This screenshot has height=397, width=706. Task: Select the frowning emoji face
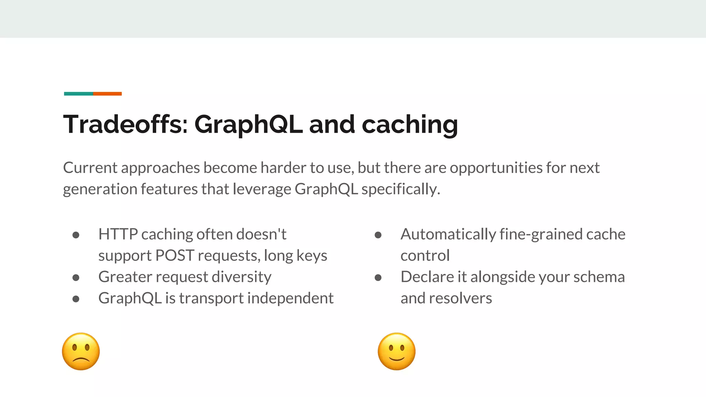pos(81,351)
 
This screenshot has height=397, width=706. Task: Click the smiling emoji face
pos(396,351)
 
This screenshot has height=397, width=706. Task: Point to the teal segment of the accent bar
pos(79,94)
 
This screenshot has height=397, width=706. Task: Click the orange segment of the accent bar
pos(107,94)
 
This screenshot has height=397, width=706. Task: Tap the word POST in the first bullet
pos(175,255)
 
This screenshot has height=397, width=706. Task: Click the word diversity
pos(241,277)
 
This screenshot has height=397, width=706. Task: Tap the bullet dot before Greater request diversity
pos(76,277)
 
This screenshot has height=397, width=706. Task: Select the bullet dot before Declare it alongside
pos(378,277)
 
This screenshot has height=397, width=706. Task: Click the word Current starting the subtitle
pos(90,168)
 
